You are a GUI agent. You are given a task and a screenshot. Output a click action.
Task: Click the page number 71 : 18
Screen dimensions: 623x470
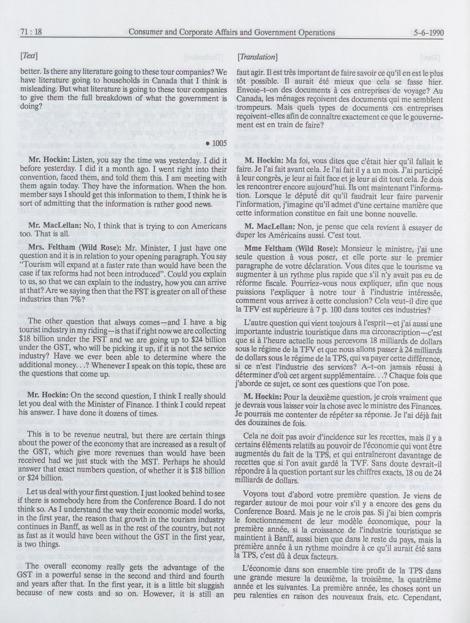pos(31,32)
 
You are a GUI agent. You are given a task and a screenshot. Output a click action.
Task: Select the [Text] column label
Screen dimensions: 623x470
pos(29,56)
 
